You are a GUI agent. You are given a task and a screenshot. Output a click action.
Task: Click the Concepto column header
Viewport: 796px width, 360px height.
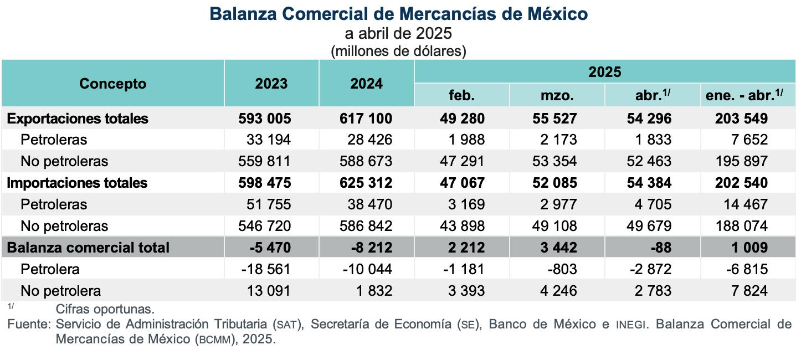112,84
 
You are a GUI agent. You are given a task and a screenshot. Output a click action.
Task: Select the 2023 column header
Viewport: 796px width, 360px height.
271,84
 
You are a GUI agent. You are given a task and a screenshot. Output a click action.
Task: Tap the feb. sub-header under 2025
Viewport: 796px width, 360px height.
461,96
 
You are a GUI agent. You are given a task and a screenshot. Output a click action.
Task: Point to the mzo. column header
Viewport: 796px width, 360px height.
557,96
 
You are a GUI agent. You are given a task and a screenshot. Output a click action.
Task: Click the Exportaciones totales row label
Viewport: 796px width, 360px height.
78,119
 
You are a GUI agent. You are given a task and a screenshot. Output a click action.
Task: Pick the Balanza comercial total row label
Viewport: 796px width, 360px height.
88,247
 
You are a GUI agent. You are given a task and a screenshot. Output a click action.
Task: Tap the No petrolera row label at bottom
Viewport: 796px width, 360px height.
60,291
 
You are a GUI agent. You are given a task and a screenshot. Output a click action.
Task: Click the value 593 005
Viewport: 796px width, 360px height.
265,119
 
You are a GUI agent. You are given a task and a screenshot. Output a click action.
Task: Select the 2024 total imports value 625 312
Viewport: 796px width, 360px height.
366,183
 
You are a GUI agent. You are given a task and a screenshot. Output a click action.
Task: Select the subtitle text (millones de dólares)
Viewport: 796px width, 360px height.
398,52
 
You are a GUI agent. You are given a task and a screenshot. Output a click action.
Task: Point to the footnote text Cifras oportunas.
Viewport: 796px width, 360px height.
105,309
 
